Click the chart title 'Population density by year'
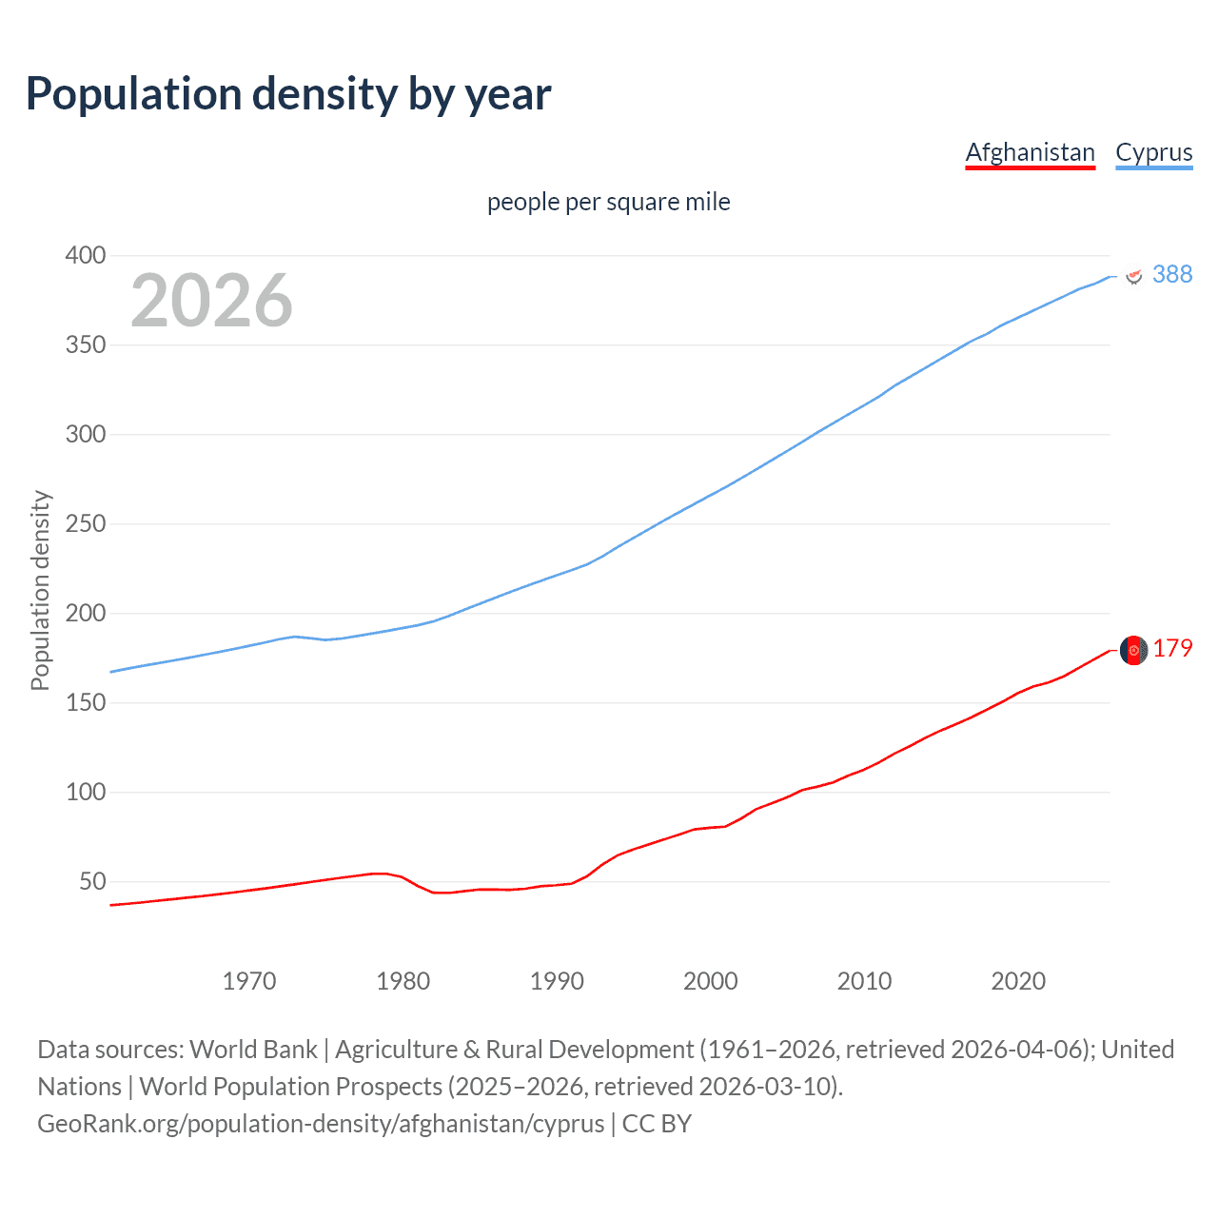tap(288, 94)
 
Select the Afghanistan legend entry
tap(1030, 152)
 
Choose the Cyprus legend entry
tap(1153, 152)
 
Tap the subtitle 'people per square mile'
tap(608, 202)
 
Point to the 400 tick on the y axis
tap(85, 255)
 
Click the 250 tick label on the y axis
tap(85, 523)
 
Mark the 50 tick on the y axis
tap(91, 881)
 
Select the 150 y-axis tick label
tap(85, 702)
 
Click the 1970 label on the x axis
tap(249, 980)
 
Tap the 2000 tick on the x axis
tap(710, 980)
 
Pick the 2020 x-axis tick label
tap(1018, 980)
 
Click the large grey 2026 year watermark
tap(211, 301)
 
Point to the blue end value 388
tap(1172, 274)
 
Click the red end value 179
tap(1172, 648)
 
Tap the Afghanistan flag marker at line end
tap(1133, 650)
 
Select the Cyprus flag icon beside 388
tap(1133, 276)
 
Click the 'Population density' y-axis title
tap(40, 590)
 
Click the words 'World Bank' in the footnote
tap(253, 1049)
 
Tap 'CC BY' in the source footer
tap(657, 1123)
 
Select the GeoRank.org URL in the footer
tap(321, 1123)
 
